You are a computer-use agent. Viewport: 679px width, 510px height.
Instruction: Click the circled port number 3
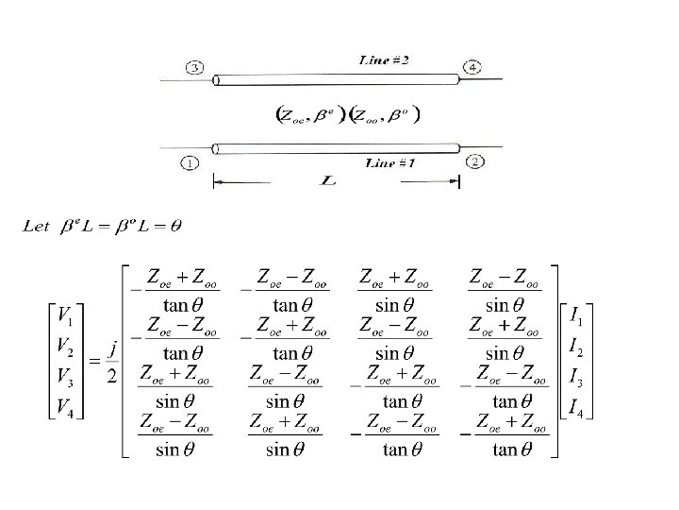(x=193, y=68)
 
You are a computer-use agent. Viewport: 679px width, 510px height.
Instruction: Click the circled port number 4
(x=471, y=66)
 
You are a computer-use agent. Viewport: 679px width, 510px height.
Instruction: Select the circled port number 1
(x=191, y=162)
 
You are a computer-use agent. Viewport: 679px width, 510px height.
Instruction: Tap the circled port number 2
(x=474, y=161)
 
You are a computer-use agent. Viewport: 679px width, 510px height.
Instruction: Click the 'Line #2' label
(x=385, y=60)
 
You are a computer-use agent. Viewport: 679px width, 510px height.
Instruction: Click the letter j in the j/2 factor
(x=112, y=347)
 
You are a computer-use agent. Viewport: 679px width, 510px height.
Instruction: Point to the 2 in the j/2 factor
(x=111, y=376)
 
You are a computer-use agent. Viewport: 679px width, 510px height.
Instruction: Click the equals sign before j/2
(x=93, y=362)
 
